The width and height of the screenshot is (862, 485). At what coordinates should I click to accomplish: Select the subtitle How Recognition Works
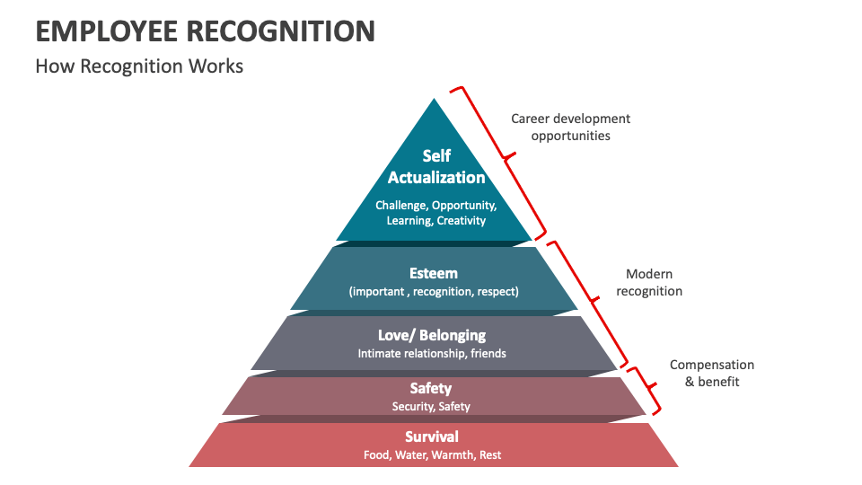point(139,66)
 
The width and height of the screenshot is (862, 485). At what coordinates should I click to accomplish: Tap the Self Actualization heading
point(436,167)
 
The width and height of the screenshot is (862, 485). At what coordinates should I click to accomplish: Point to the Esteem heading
point(434,273)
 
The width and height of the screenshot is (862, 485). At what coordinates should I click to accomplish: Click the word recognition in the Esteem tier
point(443,292)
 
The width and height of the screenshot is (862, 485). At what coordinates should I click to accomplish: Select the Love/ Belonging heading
point(431,335)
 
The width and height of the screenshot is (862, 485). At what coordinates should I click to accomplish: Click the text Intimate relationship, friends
point(431,353)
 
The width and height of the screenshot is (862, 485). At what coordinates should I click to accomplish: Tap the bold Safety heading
point(431,388)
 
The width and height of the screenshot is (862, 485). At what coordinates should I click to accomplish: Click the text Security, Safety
point(431,406)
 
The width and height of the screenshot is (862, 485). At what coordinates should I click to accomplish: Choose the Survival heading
point(432,436)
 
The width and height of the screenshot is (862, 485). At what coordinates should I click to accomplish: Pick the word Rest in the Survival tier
point(490,455)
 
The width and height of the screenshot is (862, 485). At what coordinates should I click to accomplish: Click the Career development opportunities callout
point(570,127)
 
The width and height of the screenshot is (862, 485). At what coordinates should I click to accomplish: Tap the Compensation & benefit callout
point(712,373)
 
